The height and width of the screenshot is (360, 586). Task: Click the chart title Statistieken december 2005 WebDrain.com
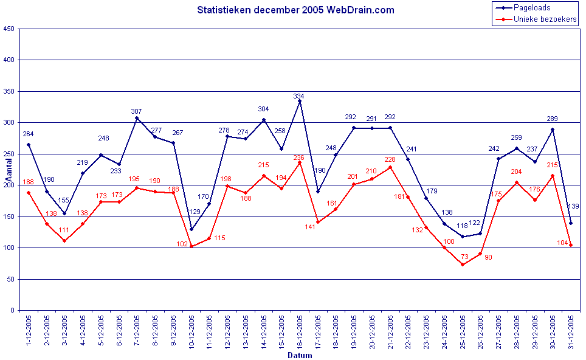(x=295, y=10)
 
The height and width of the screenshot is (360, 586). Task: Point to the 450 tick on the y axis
(x=9, y=29)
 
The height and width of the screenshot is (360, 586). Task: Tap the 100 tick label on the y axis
(x=9, y=248)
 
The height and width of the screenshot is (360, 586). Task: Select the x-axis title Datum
(x=300, y=355)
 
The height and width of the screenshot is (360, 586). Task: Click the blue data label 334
(x=298, y=96)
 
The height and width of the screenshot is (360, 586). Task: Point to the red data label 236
(x=298, y=157)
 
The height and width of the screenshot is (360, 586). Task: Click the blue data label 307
(x=136, y=111)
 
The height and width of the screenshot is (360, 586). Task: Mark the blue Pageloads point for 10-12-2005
(x=191, y=229)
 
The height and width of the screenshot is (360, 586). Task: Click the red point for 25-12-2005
(x=463, y=265)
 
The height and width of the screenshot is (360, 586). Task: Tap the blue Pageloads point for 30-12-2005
(x=553, y=130)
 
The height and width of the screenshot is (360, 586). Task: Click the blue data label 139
(x=573, y=206)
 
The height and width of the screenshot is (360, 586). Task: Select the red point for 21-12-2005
(x=390, y=167)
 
